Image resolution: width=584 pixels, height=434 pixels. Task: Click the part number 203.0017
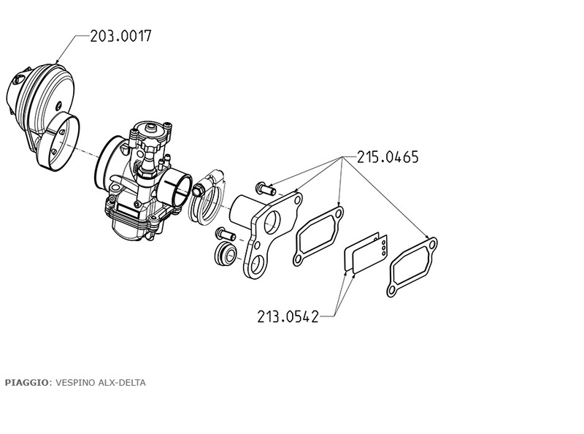121,37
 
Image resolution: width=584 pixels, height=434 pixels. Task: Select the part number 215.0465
388,157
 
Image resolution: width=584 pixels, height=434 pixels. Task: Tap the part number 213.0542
288,316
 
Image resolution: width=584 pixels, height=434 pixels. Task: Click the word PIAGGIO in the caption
26,383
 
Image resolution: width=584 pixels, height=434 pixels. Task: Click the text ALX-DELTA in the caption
122,383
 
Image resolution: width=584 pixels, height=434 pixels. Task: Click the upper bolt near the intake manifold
265,189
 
